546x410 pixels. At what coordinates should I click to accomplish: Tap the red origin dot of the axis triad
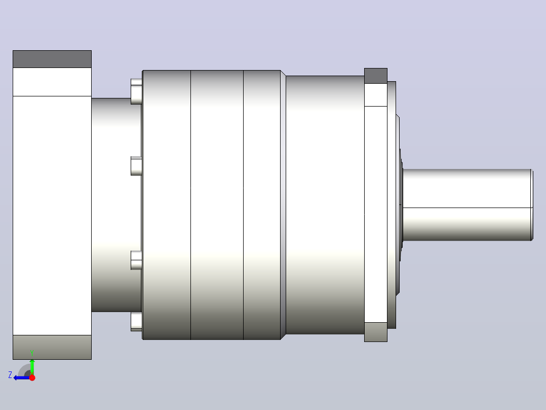pyautogui.click(x=32, y=378)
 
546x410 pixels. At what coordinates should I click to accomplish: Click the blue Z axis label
pyautogui.click(x=10, y=375)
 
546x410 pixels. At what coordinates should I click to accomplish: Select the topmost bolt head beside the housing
pyautogui.click(x=137, y=91)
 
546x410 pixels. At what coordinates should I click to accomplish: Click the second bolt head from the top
pyautogui.click(x=137, y=166)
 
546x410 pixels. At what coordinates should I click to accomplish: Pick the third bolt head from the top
pyautogui.click(x=137, y=260)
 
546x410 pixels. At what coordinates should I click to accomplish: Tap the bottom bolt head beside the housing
pyautogui.click(x=137, y=321)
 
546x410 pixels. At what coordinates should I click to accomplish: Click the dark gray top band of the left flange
pyautogui.click(x=52, y=59)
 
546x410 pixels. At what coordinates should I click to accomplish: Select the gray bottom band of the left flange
pyautogui.click(x=52, y=347)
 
